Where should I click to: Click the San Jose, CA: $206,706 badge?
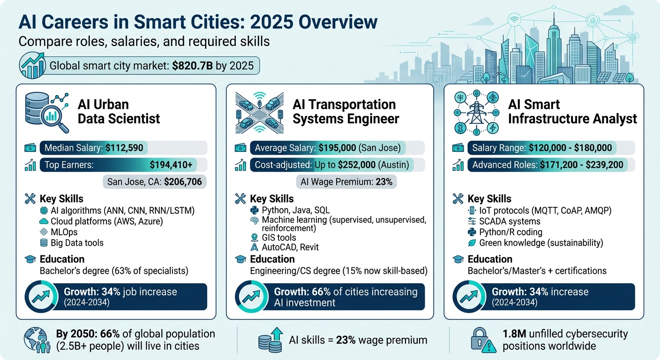(x=155, y=181)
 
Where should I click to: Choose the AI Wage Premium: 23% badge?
(x=346, y=181)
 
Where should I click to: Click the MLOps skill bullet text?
(x=64, y=232)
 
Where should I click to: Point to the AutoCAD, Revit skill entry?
(x=291, y=247)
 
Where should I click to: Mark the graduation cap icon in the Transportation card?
(x=240, y=259)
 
